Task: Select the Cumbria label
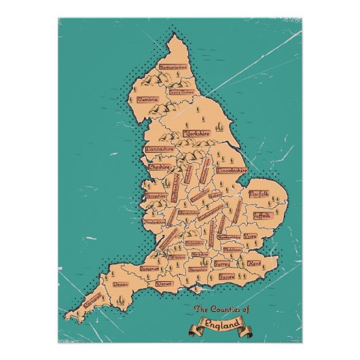tap(148, 99)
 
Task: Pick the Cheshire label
tap(159, 166)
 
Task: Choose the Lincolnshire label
tap(232, 170)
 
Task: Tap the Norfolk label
tap(259, 194)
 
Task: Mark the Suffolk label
tap(262, 215)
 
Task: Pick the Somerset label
tap(149, 268)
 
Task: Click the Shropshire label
tap(156, 196)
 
